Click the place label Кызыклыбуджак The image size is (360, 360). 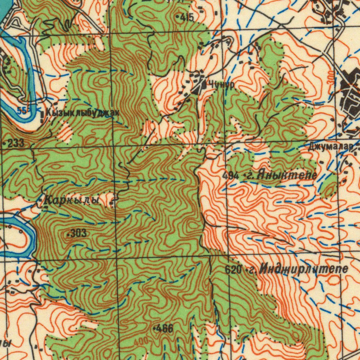click(x=83, y=113)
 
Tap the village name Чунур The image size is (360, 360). click(x=221, y=84)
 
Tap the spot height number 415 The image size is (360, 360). click(x=187, y=17)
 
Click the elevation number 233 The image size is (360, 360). click(x=16, y=143)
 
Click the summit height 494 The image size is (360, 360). click(x=231, y=175)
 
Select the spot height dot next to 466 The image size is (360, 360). click(x=155, y=329)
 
